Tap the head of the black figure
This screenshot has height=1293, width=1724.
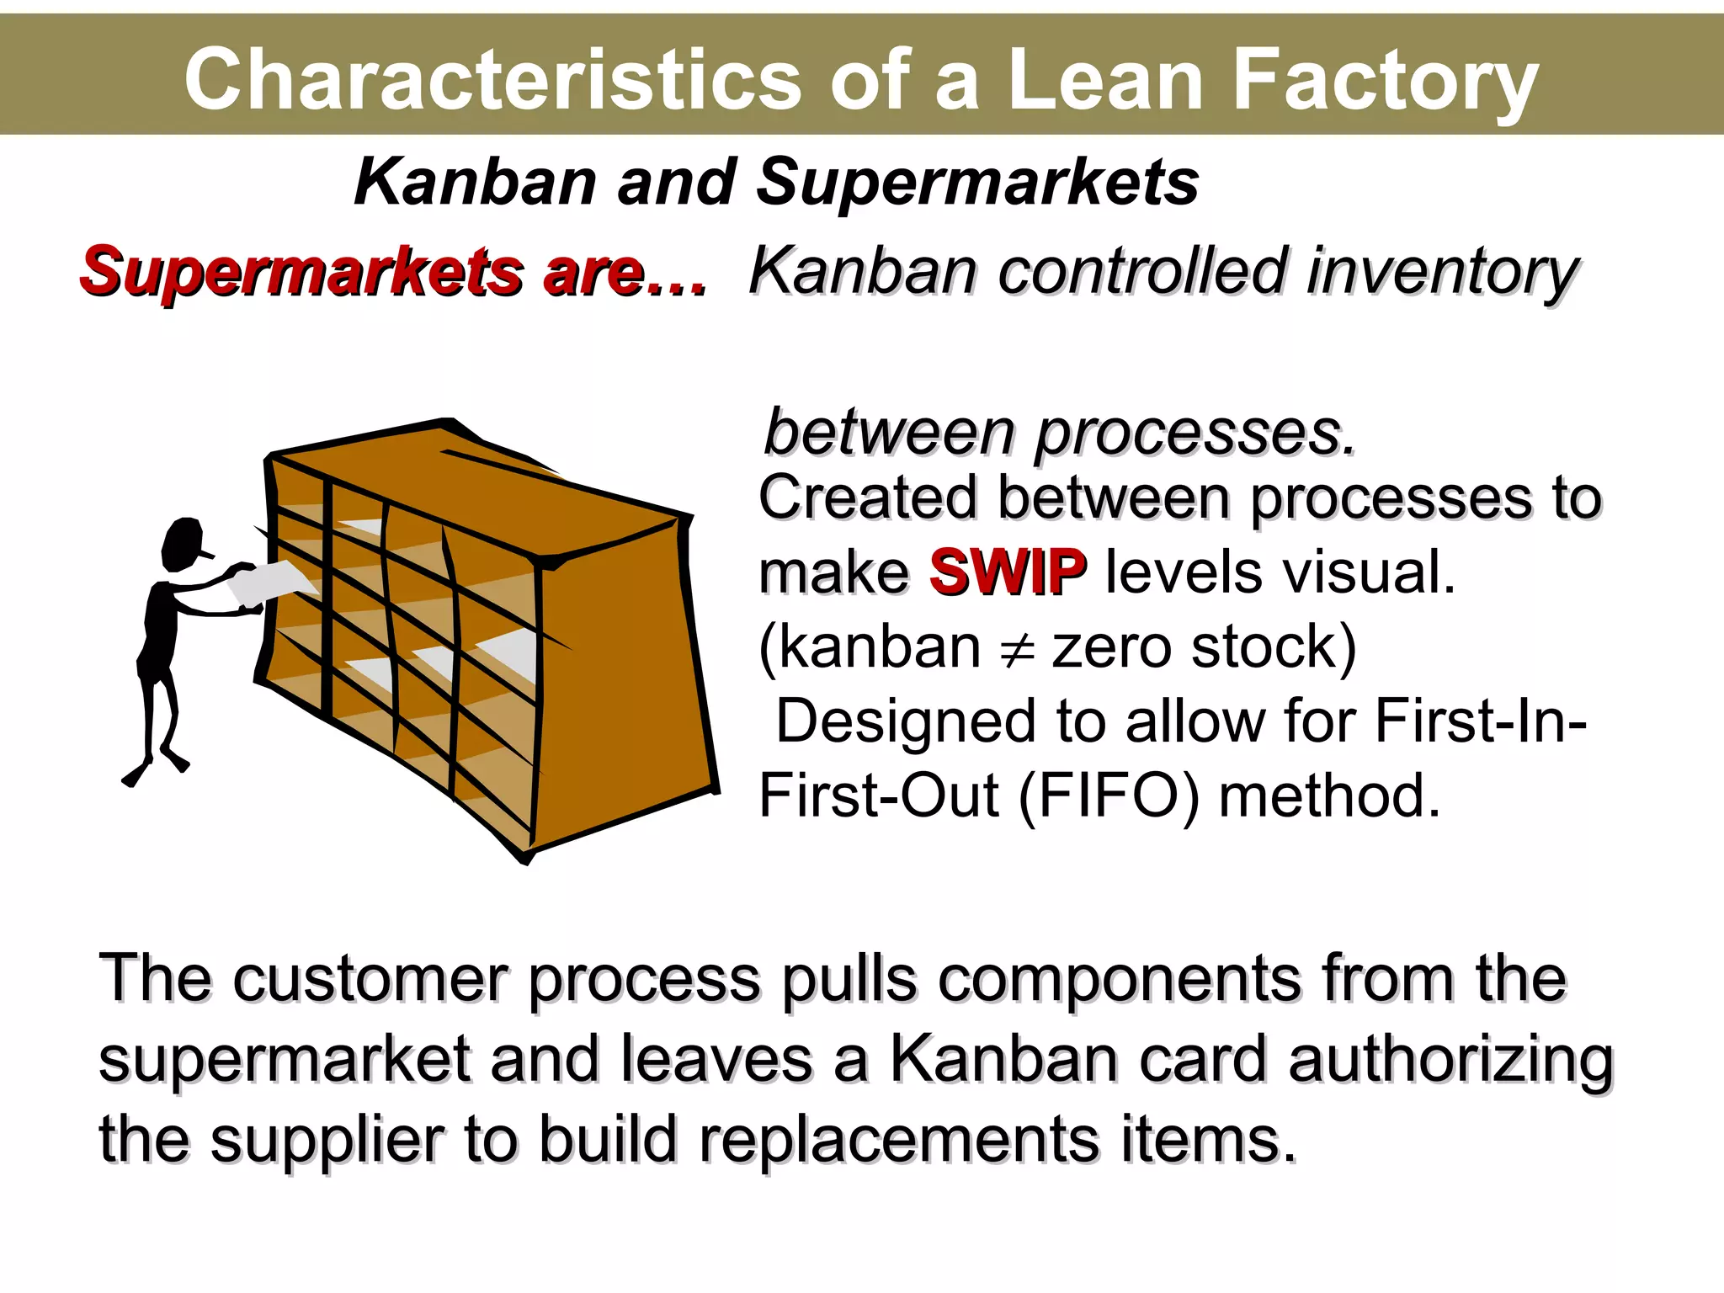coord(184,543)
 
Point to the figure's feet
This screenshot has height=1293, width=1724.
coord(156,768)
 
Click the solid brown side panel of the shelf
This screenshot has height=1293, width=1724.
coord(623,673)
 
